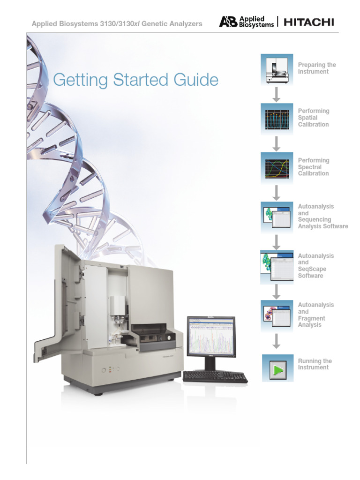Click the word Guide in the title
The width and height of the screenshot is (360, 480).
(x=195, y=80)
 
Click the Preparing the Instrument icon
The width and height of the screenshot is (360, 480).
(x=277, y=69)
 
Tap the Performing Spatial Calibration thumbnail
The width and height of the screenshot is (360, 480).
(x=277, y=119)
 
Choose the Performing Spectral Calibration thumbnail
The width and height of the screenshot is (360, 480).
(x=277, y=167)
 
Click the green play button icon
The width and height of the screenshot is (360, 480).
(x=277, y=369)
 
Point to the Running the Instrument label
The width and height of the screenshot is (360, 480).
(x=315, y=364)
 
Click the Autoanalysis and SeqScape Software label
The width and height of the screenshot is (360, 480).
(x=312, y=266)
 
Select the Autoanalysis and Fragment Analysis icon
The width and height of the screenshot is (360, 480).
(x=277, y=315)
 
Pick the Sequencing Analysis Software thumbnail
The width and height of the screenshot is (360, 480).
(x=277, y=217)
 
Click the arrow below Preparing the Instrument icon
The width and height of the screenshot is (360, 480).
(x=277, y=94)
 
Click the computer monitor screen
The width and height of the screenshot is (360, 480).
(x=211, y=336)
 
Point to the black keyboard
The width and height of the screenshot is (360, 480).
(x=215, y=376)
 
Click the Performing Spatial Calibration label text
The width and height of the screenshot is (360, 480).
(x=314, y=118)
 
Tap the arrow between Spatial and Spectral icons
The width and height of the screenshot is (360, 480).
(x=277, y=143)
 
